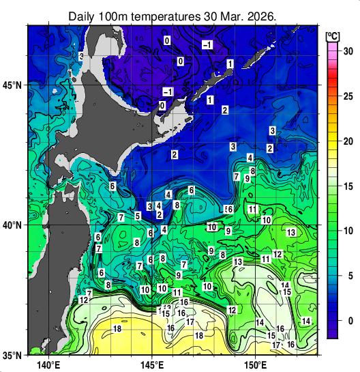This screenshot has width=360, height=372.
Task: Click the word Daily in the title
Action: point(84,16)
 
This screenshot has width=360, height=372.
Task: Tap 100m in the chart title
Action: point(115,16)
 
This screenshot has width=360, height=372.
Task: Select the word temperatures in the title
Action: point(166,16)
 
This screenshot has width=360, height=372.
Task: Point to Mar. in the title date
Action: point(234,16)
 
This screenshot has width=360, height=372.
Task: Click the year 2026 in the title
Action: point(265,16)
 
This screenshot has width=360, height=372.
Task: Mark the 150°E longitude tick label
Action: point(256,365)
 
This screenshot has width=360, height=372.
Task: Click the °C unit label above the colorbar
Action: point(333,35)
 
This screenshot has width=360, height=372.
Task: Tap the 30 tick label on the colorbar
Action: point(347,51)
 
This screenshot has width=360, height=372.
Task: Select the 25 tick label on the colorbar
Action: point(347,96)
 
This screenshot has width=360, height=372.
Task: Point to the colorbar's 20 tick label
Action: point(347,141)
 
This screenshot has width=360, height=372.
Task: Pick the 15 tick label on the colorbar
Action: point(347,186)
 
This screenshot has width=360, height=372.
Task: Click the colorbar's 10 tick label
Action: point(347,231)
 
